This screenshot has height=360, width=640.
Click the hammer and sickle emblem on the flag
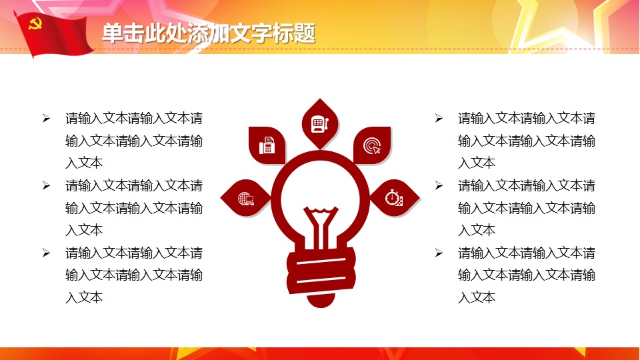[x=35, y=25]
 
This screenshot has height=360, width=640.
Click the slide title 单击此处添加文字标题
[x=209, y=33]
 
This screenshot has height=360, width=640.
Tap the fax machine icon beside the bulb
[x=267, y=145]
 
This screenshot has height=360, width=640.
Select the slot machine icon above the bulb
[x=320, y=124]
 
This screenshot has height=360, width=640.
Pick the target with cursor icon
[x=372, y=146]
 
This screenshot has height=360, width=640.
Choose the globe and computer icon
[x=246, y=199]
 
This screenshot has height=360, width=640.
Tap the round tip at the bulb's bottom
[x=321, y=300]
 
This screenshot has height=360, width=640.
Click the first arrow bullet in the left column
[x=46, y=119]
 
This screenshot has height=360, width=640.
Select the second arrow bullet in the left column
[x=46, y=186]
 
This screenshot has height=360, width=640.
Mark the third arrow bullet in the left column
[x=46, y=253]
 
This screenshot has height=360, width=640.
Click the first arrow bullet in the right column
[x=439, y=119]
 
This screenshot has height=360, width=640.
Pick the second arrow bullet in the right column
[x=439, y=186]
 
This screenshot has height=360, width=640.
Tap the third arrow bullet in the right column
[x=439, y=253]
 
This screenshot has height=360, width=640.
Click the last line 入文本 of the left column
[x=84, y=297]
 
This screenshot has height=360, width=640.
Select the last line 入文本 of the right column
[x=477, y=297]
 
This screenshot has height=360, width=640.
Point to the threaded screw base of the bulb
[x=321, y=270]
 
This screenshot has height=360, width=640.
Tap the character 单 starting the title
[x=113, y=33]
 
